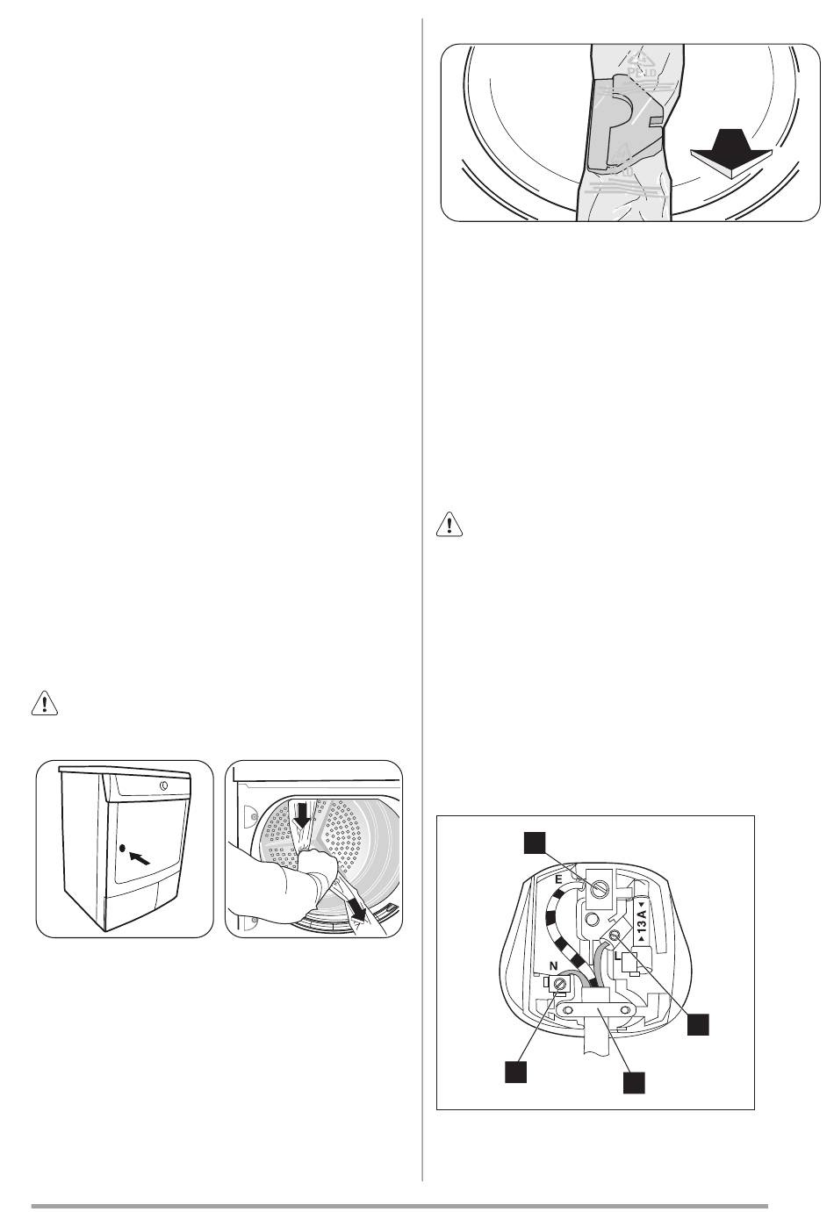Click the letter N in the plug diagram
552,964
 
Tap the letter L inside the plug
620,953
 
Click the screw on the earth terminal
600,888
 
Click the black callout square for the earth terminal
535,842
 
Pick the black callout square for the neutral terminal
515,1072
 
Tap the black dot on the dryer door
122,849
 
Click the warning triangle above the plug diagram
449,525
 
